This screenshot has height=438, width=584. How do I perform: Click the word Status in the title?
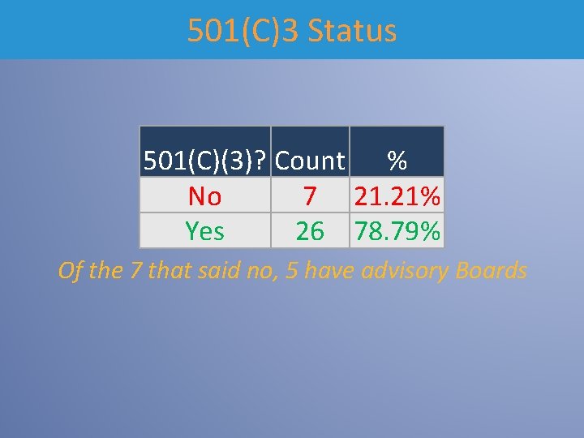pos(353,31)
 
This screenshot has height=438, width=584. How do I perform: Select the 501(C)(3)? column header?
pos(204,161)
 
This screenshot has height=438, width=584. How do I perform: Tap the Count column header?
pos(310,161)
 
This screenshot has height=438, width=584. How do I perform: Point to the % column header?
pos(397,161)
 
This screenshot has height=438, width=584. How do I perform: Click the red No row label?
pos(204,195)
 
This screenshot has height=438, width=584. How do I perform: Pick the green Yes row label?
pos(204,231)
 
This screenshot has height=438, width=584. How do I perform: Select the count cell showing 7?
pos(310,195)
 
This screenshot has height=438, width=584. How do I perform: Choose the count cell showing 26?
pos(310,231)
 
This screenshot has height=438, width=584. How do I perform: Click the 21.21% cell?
pos(397,195)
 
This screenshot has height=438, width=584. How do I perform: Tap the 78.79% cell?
pos(397,231)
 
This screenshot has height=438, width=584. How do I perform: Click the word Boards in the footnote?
pos(492,270)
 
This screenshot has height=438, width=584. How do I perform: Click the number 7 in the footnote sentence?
pos(135,270)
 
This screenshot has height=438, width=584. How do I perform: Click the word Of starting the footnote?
pos(71,270)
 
